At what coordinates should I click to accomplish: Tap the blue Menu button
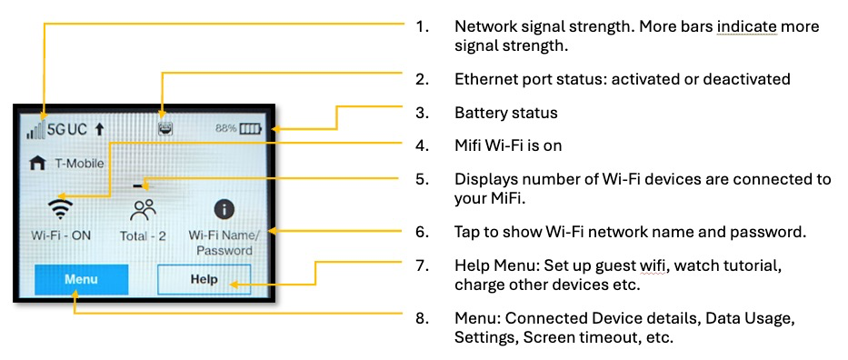pyautogui.click(x=81, y=279)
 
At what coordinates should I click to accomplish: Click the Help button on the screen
pyautogui.click(x=204, y=279)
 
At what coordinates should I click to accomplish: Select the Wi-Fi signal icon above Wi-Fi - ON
pyautogui.click(x=60, y=209)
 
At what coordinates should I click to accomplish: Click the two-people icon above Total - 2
pyautogui.click(x=143, y=210)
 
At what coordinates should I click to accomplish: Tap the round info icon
pyautogui.click(x=224, y=209)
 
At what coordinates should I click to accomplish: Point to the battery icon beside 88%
pyautogui.click(x=250, y=129)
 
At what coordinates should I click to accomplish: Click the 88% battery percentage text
pyautogui.click(x=225, y=129)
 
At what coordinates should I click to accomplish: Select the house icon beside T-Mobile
pyautogui.click(x=36, y=164)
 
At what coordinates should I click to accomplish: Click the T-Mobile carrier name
pyautogui.click(x=79, y=164)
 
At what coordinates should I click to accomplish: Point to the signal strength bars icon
pyautogui.click(x=35, y=130)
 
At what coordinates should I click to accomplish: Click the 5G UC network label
pyautogui.click(x=67, y=130)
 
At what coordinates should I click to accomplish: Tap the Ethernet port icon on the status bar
pyautogui.click(x=165, y=129)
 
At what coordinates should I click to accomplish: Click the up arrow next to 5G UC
pyautogui.click(x=99, y=130)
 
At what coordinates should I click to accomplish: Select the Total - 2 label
pyautogui.click(x=143, y=236)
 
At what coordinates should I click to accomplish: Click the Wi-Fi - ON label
pyautogui.click(x=60, y=235)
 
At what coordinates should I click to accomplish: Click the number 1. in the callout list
pyautogui.click(x=423, y=26)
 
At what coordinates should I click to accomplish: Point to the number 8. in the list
pyautogui.click(x=423, y=318)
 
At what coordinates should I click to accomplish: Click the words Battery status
pyautogui.click(x=505, y=113)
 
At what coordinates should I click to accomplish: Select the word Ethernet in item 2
pyautogui.click(x=482, y=79)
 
